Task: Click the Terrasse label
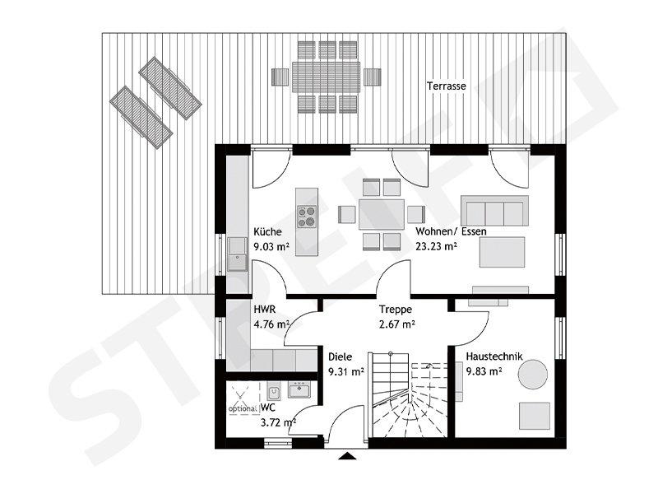[447, 86]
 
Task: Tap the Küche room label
[267, 232]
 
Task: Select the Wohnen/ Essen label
[451, 232]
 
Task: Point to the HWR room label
[263, 310]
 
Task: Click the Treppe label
[395, 310]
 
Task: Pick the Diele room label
[340, 357]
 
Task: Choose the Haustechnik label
[491, 357]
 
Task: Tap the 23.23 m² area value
[437, 246]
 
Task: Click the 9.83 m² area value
[484, 371]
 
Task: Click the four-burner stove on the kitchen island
[307, 216]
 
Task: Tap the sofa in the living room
[493, 211]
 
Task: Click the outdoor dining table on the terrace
[327, 77]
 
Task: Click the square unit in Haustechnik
[535, 414]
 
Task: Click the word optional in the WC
[242, 408]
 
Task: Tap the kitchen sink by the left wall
[238, 254]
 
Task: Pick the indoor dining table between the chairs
[381, 214]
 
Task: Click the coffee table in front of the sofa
[503, 252]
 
